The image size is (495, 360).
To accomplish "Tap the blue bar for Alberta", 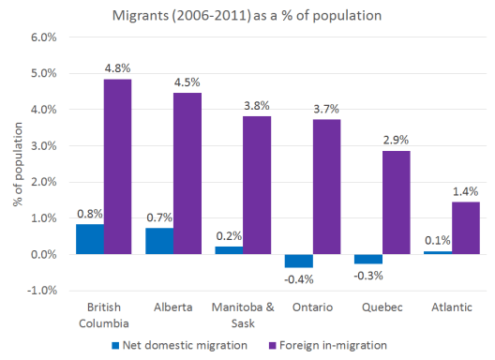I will point(159,241).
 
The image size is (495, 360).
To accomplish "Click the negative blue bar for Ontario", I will point(299,262).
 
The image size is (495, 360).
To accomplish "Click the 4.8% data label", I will point(117,67).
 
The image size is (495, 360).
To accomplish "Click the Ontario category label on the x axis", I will point(312,307).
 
